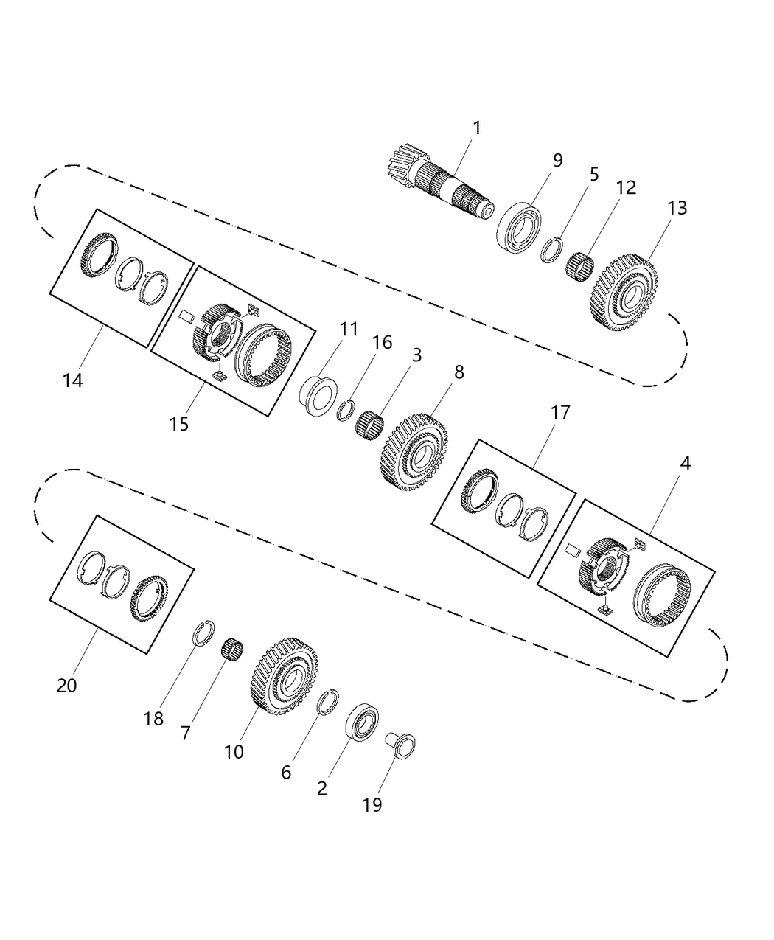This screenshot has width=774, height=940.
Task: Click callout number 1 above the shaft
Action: [x=476, y=128]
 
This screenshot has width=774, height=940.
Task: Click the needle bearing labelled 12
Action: [x=579, y=264]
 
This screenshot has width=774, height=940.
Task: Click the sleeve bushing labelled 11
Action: [x=315, y=391]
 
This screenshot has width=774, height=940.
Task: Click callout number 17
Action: [x=560, y=412]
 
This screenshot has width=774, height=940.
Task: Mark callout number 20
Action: [x=66, y=685]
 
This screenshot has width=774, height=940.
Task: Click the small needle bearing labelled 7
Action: [x=233, y=651]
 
